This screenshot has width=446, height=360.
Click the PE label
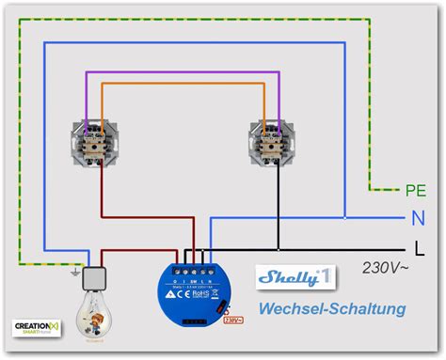point(415,191)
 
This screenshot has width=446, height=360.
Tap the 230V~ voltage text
point(385,267)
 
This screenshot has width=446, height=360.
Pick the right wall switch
point(274,139)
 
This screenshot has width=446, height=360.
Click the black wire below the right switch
point(279,207)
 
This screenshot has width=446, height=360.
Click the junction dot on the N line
point(344,219)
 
